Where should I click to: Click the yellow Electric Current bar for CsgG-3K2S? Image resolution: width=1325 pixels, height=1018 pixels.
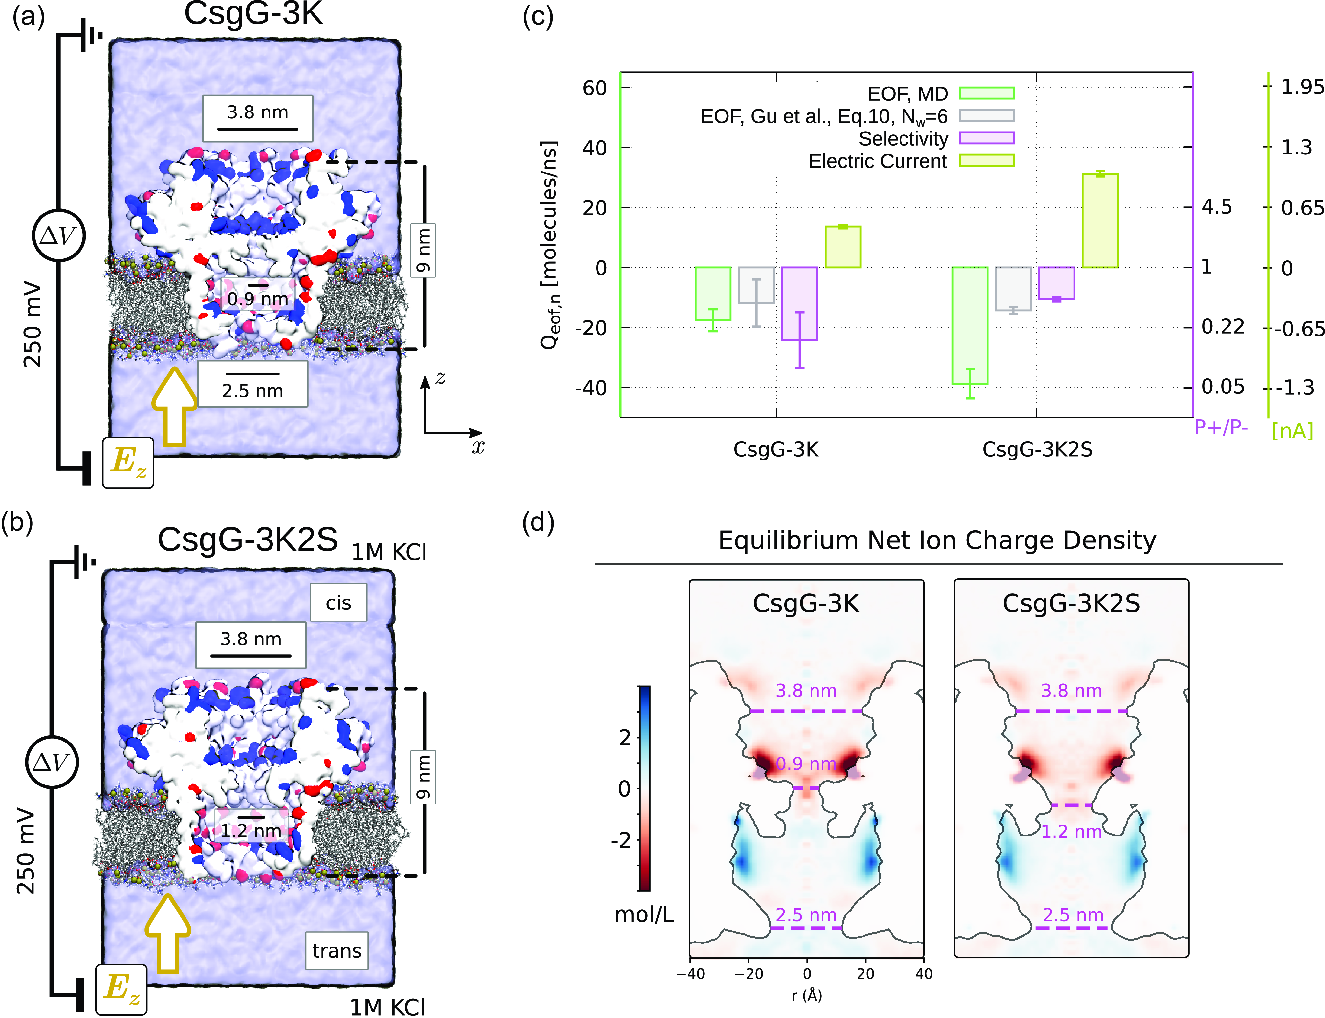(x=1100, y=221)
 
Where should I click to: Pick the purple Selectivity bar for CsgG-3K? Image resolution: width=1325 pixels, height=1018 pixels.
(x=799, y=304)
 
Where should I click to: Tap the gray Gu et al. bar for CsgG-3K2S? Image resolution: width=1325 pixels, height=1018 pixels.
(x=1013, y=288)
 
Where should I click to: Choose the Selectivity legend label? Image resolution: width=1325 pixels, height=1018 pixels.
(x=903, y=139)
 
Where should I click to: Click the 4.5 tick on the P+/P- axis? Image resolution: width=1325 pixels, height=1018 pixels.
(x=1216, y=207)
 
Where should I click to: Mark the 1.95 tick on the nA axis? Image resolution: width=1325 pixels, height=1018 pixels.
(x=1302, y=87)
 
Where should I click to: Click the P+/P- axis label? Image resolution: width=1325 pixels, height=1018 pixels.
(x=1221, y=427)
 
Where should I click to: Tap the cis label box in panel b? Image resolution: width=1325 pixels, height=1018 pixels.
(x=338, y=602)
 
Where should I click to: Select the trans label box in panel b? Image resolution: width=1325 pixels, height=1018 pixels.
(x=337, y=951)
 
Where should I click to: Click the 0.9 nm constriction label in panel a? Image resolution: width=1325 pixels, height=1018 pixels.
(x=258, y=299)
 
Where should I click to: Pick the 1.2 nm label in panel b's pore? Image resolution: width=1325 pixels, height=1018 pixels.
(x=250, y=831)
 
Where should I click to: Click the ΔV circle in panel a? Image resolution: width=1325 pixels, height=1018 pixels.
(x=58, y=235)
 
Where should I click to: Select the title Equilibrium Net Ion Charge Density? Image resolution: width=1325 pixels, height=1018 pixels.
(x=937, y=540)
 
